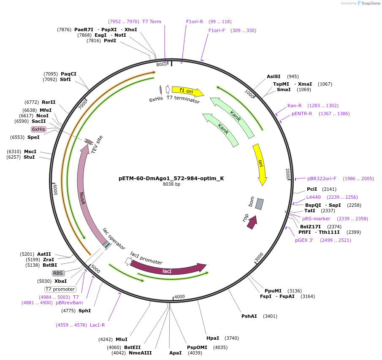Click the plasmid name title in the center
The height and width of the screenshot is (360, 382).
[x=171, y=178]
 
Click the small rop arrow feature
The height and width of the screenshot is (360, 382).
[x=252, y=222]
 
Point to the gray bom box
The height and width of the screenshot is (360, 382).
[x=259, y=204]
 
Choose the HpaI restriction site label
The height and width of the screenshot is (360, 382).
[x=213, y=338]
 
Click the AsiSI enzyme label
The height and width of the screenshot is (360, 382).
[x=274, y=76]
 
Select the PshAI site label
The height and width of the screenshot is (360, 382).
[x=249, y=316]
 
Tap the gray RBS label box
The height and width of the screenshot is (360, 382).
[x=58, y=273]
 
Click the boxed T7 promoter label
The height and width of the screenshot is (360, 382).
[x=60, y=289]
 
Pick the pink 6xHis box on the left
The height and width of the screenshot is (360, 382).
[x=38, y=129]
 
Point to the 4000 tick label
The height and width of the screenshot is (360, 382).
[x=179, y=297]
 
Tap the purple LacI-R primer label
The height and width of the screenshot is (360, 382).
[x=97, y=325]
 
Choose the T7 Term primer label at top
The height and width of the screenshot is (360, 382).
[x=152, y=22]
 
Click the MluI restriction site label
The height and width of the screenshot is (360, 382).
[x=122, y=339]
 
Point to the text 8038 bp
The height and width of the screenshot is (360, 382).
[x=171, y=184]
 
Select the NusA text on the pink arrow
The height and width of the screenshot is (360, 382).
[x=83, y=198]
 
